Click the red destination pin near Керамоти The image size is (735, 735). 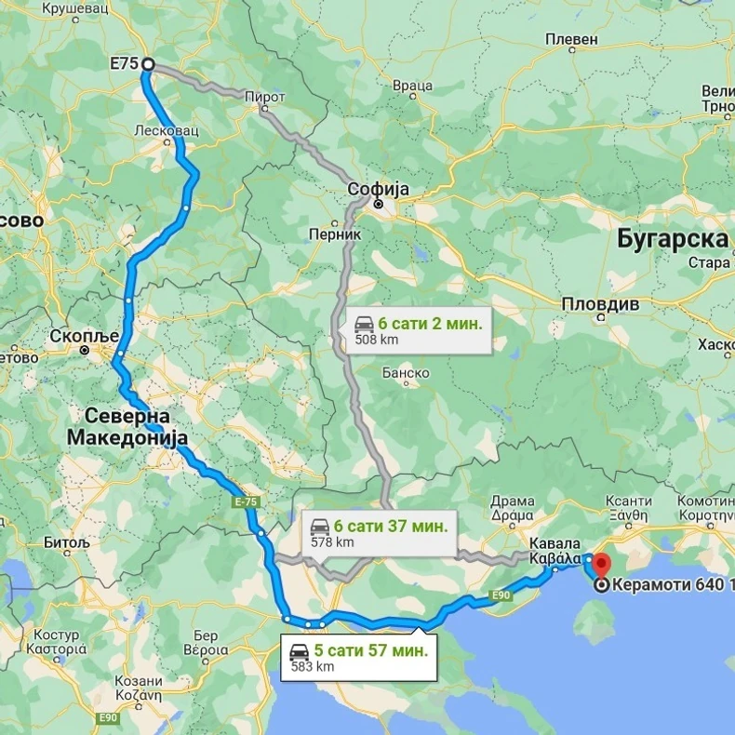tap(600, 564)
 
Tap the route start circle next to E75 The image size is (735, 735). tap(147, 66)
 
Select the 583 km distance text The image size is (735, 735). tap(312, 666)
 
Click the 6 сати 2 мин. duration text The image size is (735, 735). tap(430, 324)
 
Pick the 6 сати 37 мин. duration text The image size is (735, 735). tap(390, 526)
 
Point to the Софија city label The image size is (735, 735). tap(378, 190)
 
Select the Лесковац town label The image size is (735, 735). tap(167, 131)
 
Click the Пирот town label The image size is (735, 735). tap(265, 97)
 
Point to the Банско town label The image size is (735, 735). tap(406, 373)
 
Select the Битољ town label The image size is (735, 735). tap(68, 541)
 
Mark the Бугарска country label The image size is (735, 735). tap(672, 239)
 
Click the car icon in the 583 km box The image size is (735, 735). tap(300, 651)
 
